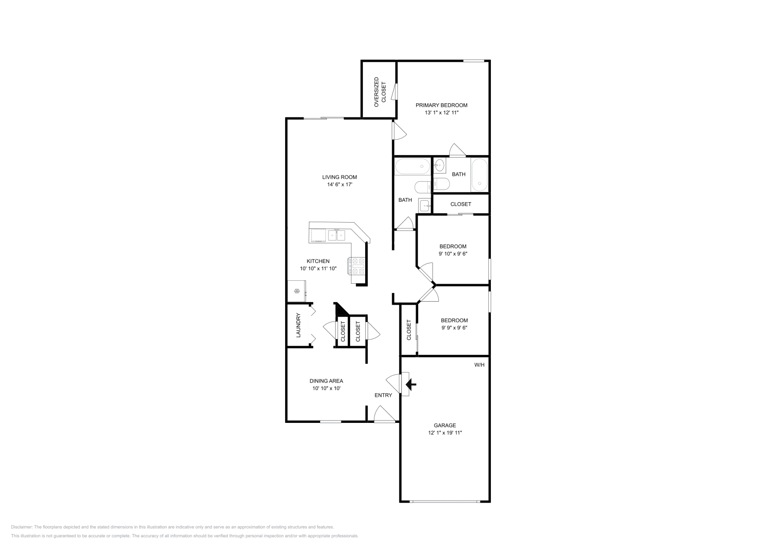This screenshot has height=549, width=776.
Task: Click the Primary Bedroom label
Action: pyautogui.click(x=441, y=105)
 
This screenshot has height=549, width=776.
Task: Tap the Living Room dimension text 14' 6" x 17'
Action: pyautogui.click(x=339, y=185)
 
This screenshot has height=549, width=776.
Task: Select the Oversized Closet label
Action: pyautogui.click(x=380, y=92)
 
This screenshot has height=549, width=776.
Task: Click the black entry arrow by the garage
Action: pyautogui.click(x=411, y=385)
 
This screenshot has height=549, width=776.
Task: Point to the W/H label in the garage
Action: pyautogui.click(x=479, y=365)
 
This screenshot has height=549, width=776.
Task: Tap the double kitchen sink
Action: pyautogui.click(x=337, y=236)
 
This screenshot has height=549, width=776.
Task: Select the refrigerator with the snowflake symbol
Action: pyautogui.click(x=297, y=291)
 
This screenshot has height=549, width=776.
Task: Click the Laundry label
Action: pyautogui.click(x=298, y=325)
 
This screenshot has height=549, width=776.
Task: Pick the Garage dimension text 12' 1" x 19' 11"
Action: pyautogui.click(x=445, y=433)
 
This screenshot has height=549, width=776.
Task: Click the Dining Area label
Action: pyautogui.click(x=326, y=381)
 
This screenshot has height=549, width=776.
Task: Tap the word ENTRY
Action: pyautogui.click(x=383, y=395)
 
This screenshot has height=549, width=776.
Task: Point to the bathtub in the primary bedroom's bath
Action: pyautogui.click(x=480, y=175)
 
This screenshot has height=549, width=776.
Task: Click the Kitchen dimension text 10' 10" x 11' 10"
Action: pyautogui.click(x=318, y=269)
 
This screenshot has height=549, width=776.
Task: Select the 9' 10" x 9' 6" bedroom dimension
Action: pyautogui.click(x=453, y=254)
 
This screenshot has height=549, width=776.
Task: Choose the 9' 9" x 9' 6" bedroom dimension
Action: pyautogui.click(x=454, y=328)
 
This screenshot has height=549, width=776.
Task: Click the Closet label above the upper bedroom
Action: pyautogui.click(x=461, y=204)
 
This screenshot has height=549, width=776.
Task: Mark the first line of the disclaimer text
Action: pyautogui.click(x=172, y=527)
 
